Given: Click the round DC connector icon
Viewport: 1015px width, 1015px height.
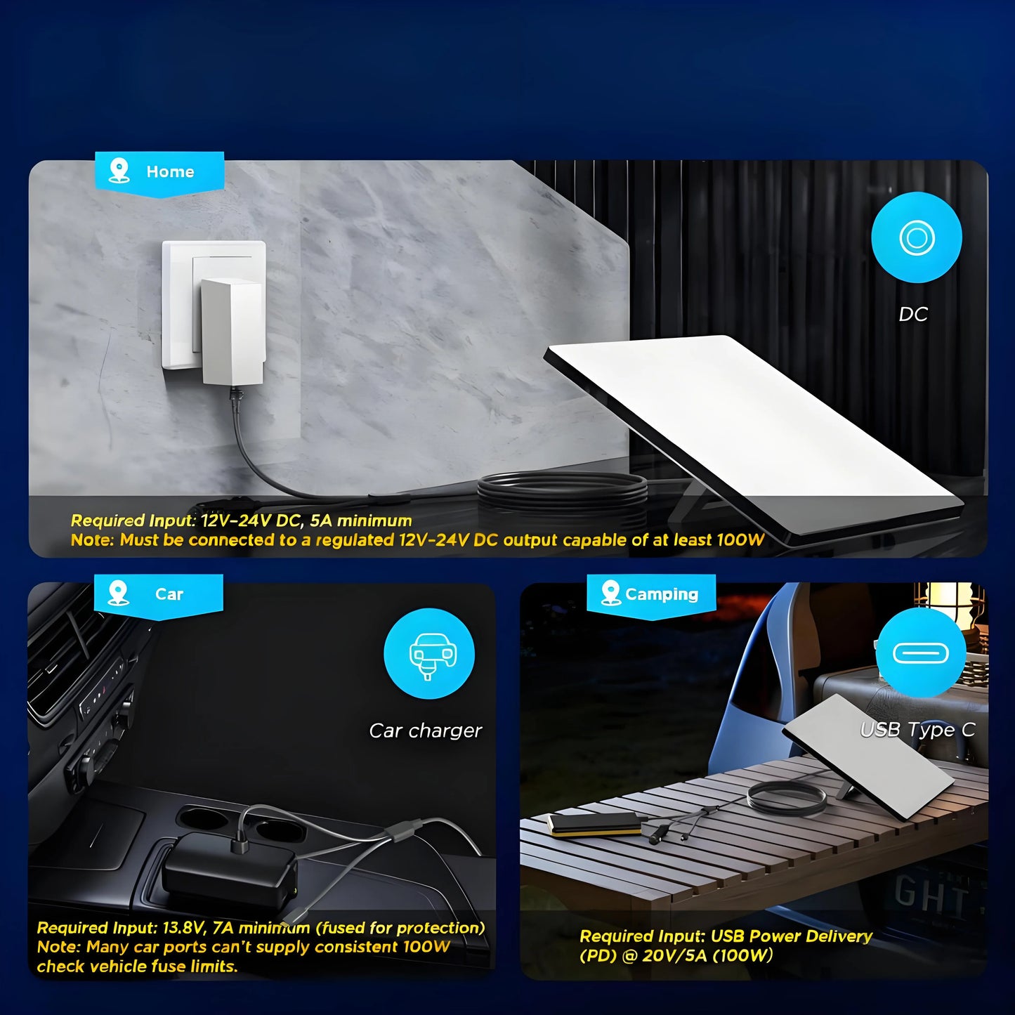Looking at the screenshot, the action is point(917,238).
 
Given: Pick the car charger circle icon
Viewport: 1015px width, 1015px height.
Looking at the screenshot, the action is point(428,654).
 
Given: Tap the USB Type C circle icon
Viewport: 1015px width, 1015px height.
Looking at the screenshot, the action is point(921,654).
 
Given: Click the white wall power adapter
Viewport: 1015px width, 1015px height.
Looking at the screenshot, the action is point(232,332).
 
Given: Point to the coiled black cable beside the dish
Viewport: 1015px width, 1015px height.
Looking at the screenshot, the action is point(562,492).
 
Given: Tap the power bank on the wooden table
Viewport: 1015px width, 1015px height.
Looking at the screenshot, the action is point(594,825).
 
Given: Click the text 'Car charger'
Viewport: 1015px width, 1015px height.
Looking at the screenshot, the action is point(425,731).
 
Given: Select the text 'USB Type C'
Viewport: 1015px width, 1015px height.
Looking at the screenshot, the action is point(917,730).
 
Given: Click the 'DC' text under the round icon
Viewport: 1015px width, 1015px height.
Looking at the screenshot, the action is point(913,315).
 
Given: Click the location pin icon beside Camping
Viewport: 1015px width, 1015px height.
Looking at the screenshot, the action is point(610,593).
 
